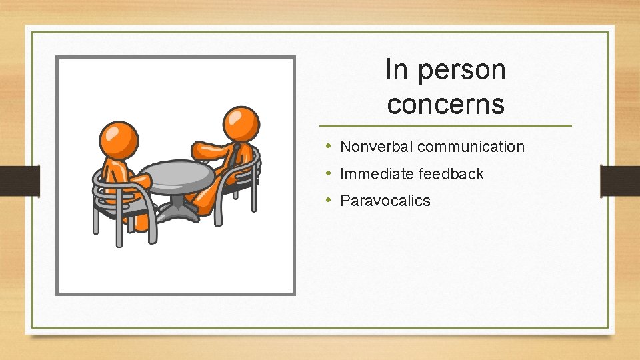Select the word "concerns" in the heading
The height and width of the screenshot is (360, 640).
click(x=445, y=104)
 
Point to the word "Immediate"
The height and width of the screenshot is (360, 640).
click(x=377, y=174)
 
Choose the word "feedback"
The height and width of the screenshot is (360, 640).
click(x=451, y=174)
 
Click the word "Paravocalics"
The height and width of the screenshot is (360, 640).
click(x=385, y=201)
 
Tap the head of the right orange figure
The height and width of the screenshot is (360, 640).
click(x=240, y=123)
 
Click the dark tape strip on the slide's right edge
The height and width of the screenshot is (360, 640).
click(x=619, y=180)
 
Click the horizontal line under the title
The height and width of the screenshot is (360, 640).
click(x=445, y=125)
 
